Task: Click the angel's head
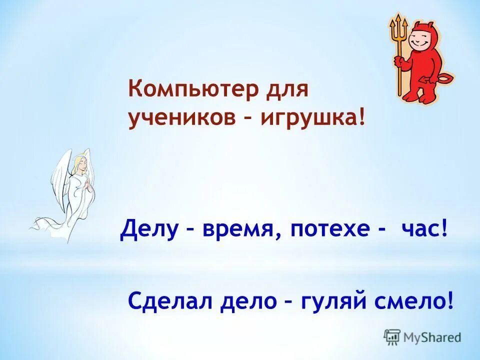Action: pyautogui.click(x=80, y=164)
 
